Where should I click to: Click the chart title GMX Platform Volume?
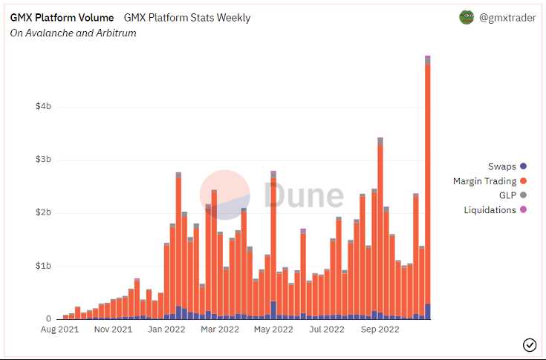point(62,17)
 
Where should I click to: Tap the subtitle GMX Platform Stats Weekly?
point(187,17)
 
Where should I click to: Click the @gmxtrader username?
point(507,17)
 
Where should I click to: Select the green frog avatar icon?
point(467,17)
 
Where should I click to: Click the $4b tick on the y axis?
point(43,106)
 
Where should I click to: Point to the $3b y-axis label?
point(43,160)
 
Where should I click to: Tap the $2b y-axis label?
point(43,213)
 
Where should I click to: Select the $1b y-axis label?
point(43,266)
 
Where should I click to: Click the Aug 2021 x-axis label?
point(60,329)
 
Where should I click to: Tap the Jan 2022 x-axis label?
point(164,329)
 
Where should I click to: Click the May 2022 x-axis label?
point(272,329)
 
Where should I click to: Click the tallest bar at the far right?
point(428,186)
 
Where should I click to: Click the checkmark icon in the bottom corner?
point(530,344)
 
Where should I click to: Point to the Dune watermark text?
point(304,194)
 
